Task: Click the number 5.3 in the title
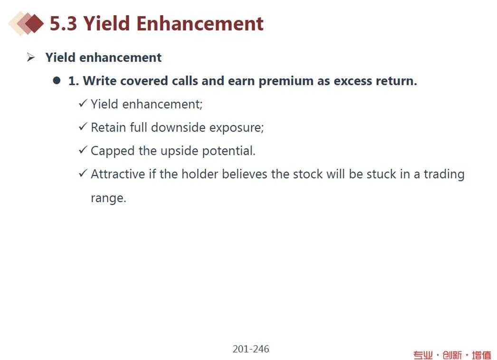tap(63, 24)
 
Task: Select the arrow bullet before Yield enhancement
tap(31, 57)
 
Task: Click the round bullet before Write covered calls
tap(57, 80)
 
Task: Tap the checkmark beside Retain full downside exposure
tap(83, 127)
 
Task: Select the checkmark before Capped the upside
tap(83, 150)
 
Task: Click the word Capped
tap(113, 151)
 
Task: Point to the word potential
tap(229, 151)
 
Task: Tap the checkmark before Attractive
tap(83, 173)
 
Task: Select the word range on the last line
tap(108, 198)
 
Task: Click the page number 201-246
tap(251, 349)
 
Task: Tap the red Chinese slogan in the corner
tap(452, 355)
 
